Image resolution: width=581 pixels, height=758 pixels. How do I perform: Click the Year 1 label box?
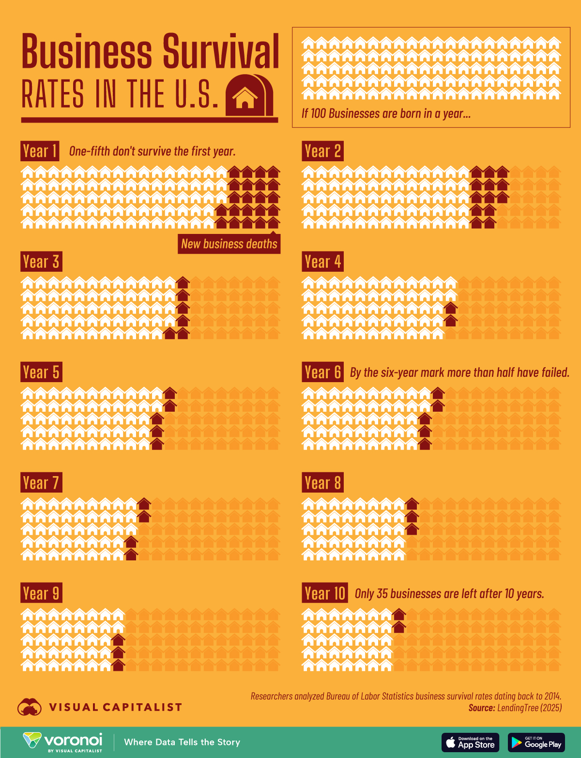point(40,151)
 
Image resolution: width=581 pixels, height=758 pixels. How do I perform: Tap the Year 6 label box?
point(323,372)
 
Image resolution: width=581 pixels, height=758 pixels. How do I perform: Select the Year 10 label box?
point(325,593)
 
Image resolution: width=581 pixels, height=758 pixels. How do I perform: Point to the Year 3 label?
point(42,262)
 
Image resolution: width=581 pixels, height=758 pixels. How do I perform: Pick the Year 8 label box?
point(323,482)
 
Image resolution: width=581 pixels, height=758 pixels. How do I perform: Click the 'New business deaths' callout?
point(229,244)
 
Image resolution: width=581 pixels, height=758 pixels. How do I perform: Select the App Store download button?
point(470,743)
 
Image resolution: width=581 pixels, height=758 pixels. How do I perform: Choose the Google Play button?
point(536,743)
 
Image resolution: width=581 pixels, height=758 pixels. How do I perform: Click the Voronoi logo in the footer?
point(63,743)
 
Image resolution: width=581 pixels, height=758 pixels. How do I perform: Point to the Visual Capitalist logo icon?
point(30,707)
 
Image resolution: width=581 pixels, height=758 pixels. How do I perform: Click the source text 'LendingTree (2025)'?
point(529,708)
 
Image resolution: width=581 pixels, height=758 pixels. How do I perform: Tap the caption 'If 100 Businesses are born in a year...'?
point(386,113)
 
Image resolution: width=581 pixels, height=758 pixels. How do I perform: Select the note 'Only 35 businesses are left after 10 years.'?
point(450,593)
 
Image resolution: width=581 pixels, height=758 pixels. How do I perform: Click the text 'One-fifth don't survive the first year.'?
point(153,151)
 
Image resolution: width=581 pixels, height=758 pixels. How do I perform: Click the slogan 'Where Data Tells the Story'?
point(182,743)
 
